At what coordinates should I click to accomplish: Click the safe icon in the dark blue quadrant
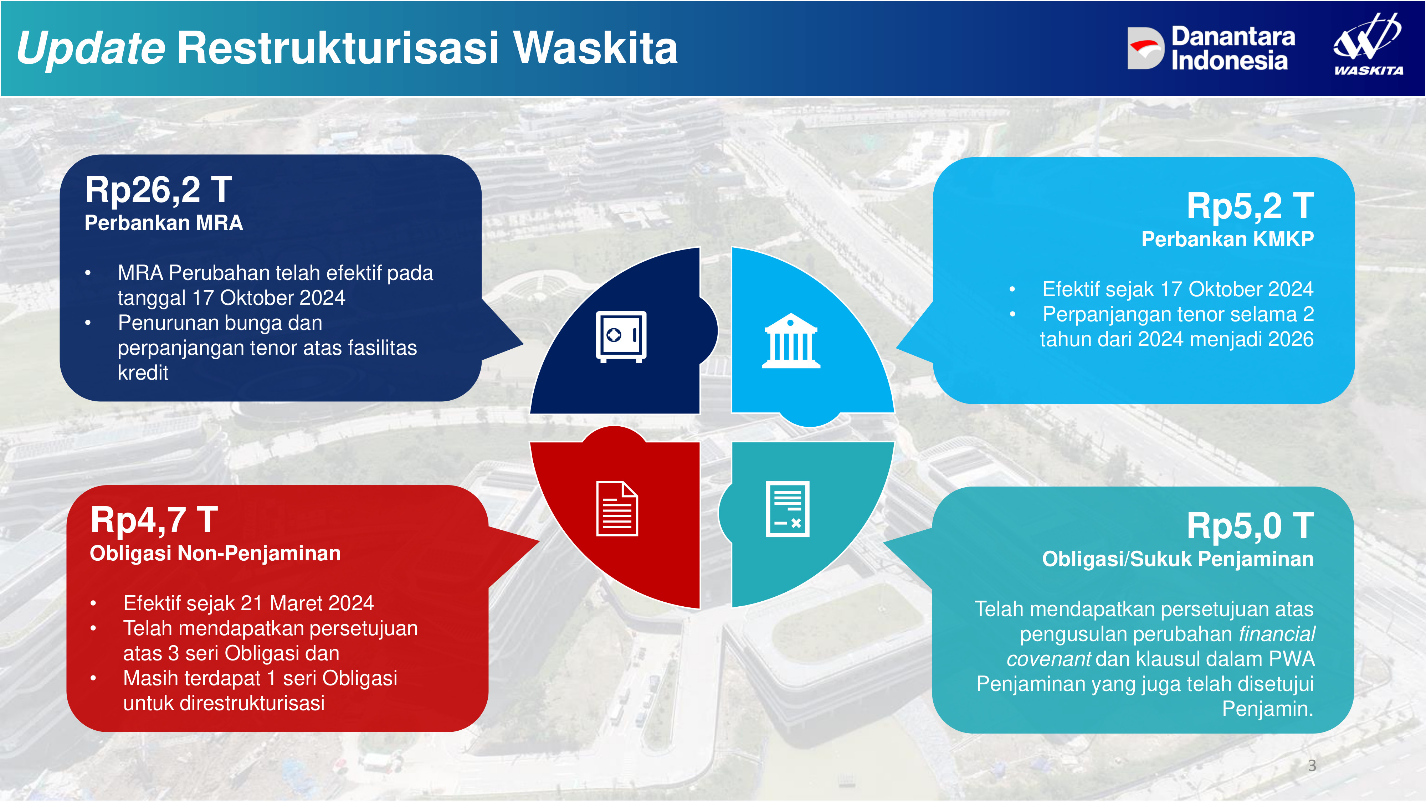point(621,336)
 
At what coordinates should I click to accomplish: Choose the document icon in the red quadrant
point(617,509)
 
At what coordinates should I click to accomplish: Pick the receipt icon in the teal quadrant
point(787,509)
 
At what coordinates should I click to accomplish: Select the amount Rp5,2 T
point(1250,206)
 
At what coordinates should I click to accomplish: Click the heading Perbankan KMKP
point(1227,239)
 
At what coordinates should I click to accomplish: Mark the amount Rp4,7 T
point(154,520)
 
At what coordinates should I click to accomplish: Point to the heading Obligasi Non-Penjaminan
point(215,554)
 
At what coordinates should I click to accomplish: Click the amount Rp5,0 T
point(1250,525)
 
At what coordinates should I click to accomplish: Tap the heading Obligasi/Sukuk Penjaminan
point(1178,559)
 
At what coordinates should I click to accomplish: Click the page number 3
point(1312,766)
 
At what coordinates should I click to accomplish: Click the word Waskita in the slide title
point(595,48)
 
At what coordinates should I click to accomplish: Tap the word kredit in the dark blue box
point(143,372)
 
